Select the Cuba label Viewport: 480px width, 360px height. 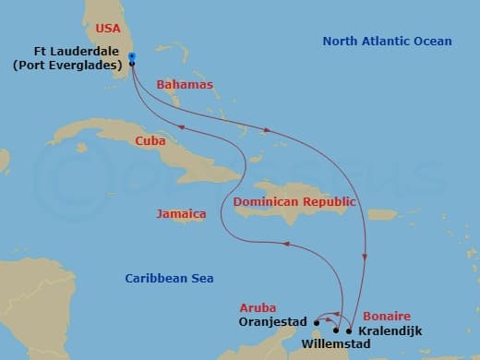coord(150,141)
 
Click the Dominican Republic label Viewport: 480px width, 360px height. coord(294,200)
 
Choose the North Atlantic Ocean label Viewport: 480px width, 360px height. coord(388,42)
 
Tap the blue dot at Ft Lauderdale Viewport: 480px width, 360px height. coord(133,57)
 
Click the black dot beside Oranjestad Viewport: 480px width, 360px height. coord(317,322)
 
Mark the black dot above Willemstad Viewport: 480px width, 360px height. coord(336,330)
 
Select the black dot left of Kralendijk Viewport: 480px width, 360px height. coord(348,330)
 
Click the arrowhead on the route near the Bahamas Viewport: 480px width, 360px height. coord(268,130)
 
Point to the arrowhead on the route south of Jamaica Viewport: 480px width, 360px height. coord(286,244)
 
